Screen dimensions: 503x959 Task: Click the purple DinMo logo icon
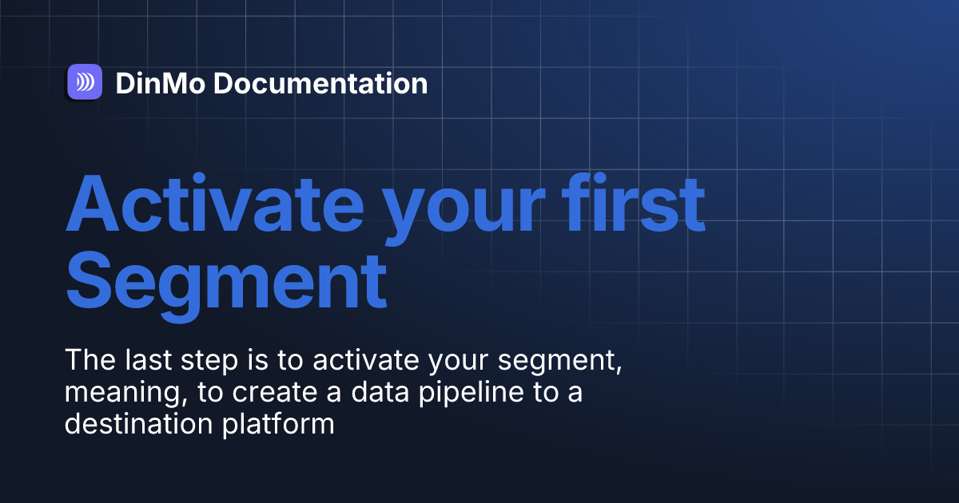85,81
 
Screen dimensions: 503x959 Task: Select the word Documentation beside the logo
320,83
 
